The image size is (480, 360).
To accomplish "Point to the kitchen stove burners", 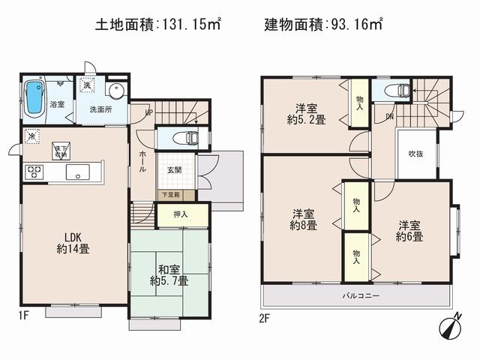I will pyautogui.click(x=34, y=172).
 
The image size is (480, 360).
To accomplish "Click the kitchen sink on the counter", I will pyautogui.click(x=78, y=172).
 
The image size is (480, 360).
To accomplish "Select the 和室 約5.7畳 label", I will pyautogui.click(x=169, y=275).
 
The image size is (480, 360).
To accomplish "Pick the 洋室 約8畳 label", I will pyautogui.click(x=304, y=220).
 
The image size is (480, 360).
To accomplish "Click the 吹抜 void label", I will pyautogui.click(x=416, y=154).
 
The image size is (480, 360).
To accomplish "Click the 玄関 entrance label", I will pyautogui.click(x=175, y=169).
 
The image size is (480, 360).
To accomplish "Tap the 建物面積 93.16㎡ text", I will pyautogui.click(x=323, y=25).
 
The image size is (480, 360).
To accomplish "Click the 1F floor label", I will pyautogui.click(x=23, y=314).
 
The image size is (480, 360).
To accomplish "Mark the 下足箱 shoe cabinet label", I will pyautogui.click(x=175, y=195).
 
